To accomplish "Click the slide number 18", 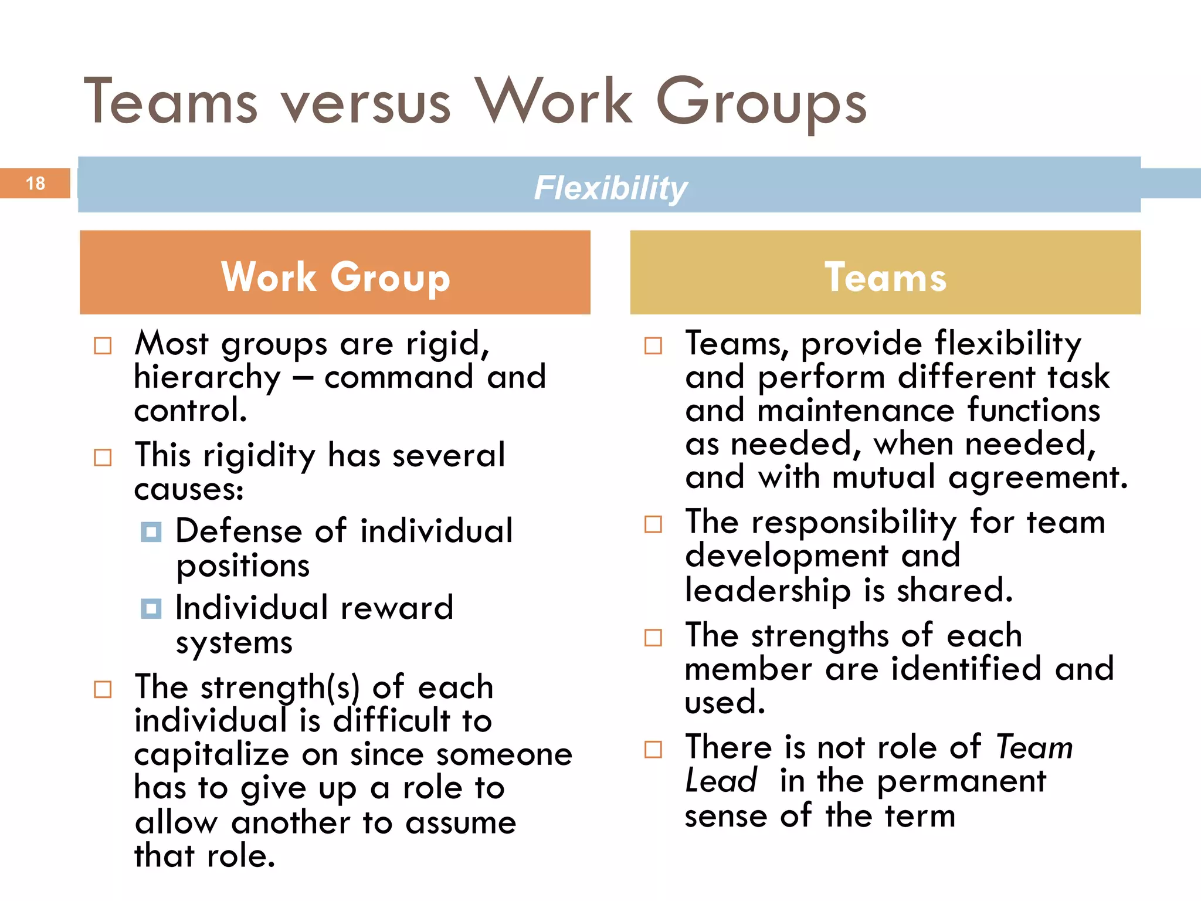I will pos(35,184).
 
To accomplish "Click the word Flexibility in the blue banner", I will pos(610,188).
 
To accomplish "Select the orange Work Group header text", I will pos(335,277).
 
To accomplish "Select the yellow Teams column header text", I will pos(886,277).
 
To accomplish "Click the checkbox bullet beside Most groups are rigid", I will pos(103,346).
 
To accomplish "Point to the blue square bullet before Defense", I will pos(151,532).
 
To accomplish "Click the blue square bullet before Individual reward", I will pos(151,609).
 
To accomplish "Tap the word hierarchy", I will pos(208,378).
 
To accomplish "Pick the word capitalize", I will pos(212,756).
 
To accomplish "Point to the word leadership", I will pos(768,591).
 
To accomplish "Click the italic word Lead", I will pos(721,781).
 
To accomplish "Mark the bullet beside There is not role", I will pos(653,749).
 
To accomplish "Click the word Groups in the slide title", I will pos(761,104).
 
